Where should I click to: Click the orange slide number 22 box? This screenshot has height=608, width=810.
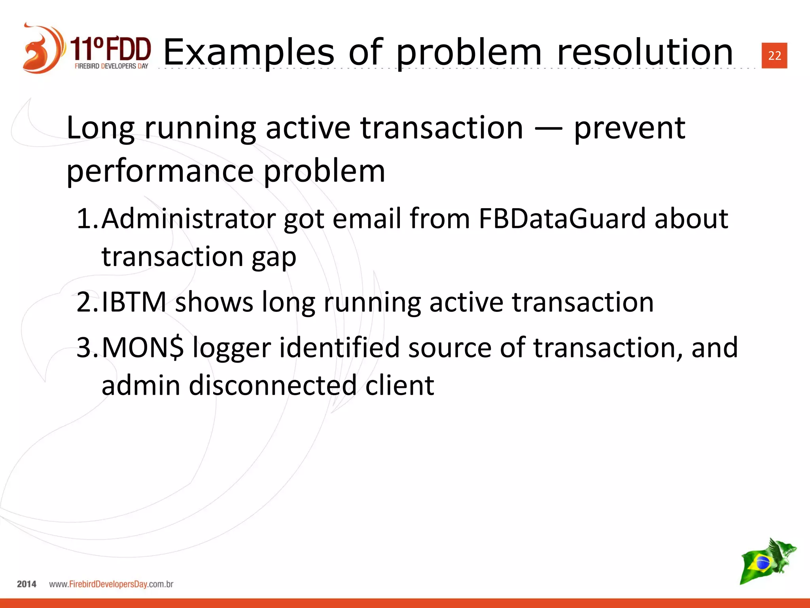[x=774, y=55]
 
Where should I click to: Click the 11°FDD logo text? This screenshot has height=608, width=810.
[x=111, y=49]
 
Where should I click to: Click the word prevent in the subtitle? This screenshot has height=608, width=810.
[x=629, y=129]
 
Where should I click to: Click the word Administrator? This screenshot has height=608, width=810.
[x=188, y=218]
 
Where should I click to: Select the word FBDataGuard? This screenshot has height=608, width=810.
[x=562, y=218]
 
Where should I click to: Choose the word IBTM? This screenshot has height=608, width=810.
[x=134, y=302]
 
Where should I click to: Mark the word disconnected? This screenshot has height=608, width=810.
[x=273, y=385]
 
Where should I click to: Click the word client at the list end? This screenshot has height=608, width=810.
[x=399, y=385]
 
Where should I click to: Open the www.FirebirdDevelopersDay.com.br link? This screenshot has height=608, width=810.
[x=111, y=584]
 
